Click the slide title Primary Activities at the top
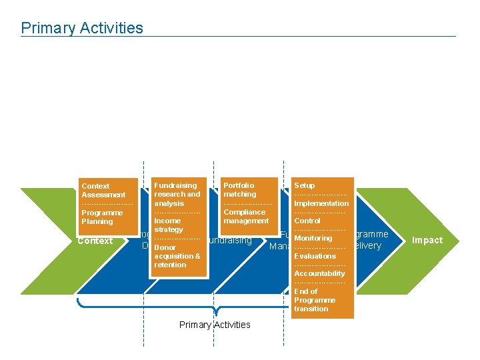coord(82,28)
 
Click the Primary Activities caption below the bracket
coord(215,325)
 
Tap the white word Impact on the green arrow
coord(427,241)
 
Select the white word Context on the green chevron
coord(95,241)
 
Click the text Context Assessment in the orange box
coord(103,190)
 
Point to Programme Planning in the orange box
coord(102,217)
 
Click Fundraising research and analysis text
coord(177,194)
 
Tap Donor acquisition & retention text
coord(177,256)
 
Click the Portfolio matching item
coord(239,189)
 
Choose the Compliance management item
coord(246,216)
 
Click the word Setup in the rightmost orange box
coord(304,185)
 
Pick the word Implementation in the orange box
coord(321,203)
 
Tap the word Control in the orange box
coord(307,221)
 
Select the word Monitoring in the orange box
coord(313,238)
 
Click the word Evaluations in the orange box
coord(315,256)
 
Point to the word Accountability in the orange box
coord(319,273)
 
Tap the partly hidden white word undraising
coord(230,240)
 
